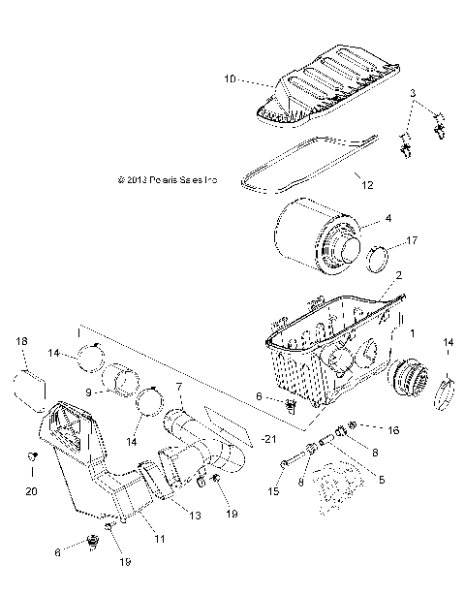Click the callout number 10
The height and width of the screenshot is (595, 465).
click(x=230, y=78)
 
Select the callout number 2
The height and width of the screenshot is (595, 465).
click(x=397, y=276)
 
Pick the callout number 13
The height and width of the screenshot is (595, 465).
click(x=196, y=517)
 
